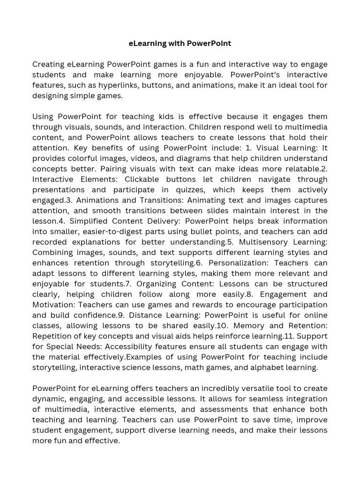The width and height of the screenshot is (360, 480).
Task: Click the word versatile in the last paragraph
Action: (x=254, y=389)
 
